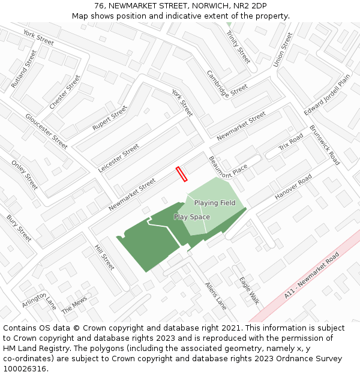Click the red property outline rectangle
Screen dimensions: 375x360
click(182, 174)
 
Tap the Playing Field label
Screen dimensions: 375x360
click(215, 203)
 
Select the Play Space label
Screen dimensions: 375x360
click(192, 217)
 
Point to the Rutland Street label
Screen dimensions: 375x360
click(23, 69)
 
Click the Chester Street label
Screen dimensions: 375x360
click(65, 92)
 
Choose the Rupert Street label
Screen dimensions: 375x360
click(110, 118)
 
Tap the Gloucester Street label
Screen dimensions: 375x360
click(46, 131)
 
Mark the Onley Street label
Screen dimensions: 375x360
click(25, 175)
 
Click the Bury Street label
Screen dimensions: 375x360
click(19, 229)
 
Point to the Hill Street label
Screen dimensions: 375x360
click(104, 257)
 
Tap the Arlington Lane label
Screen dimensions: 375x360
click(40, 300)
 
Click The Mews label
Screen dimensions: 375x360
click(74, 305)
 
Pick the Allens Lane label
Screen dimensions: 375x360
click(215, 295)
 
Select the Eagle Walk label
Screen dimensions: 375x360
click(249, 290)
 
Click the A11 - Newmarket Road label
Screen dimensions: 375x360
click(311, 275)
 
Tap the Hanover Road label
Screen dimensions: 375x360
click(293, 187)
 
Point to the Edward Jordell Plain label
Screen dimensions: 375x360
click(326, 95)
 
